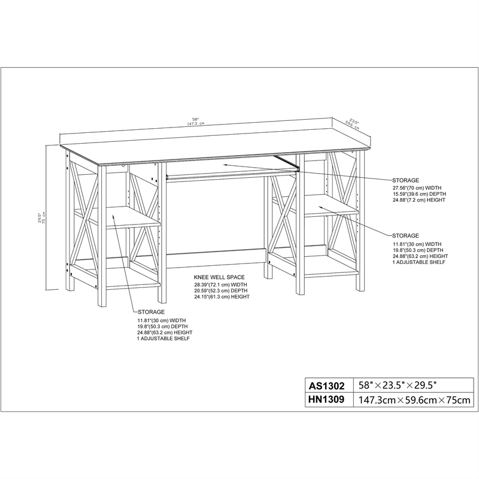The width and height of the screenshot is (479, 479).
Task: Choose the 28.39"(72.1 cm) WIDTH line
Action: click(x=220, y=285)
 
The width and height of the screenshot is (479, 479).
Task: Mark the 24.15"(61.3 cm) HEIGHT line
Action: click(x=222, y=297)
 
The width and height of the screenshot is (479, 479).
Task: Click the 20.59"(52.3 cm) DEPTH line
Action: click(x=220, y=291)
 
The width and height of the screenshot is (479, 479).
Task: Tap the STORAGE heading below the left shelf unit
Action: click(x=151, y=313)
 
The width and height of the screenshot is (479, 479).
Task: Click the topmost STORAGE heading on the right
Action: click(x=405, y=180)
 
